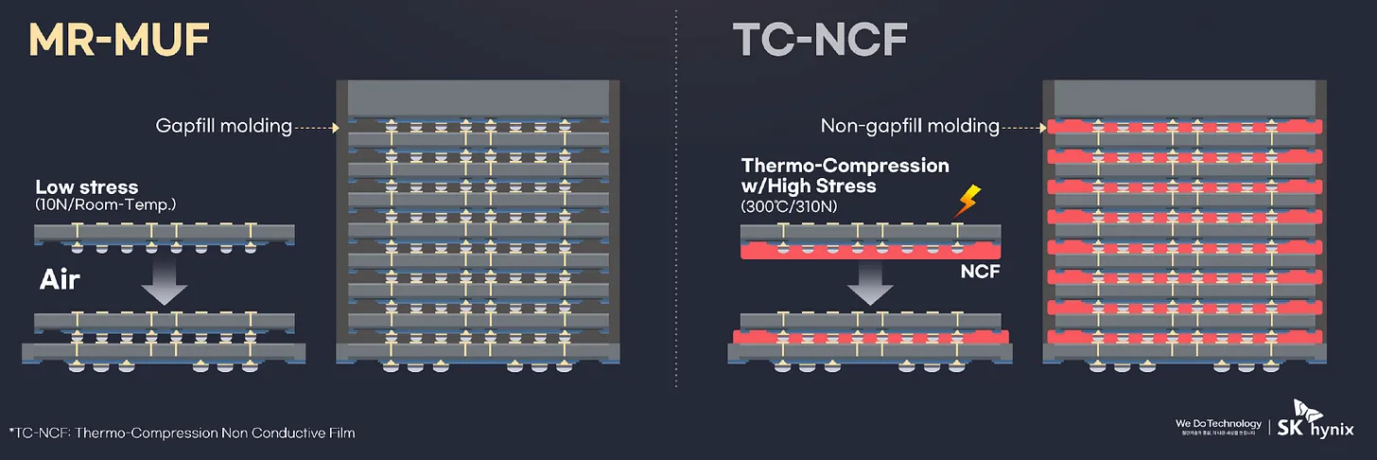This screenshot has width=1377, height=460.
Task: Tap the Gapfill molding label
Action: pyautogui.click(x=223, y=126)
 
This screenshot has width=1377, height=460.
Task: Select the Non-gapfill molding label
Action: pyautogui.click(x=910, y=126)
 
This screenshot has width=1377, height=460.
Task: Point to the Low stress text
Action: pyautogui.click(x=86, y=187)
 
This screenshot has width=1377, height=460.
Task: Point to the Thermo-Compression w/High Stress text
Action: pyautogui.click(x=845, y=175)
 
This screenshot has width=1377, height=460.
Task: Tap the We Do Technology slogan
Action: pyautogui.click(x=1218, y=423)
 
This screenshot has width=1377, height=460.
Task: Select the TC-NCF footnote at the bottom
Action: pyautogui.click(x=182, y=433)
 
